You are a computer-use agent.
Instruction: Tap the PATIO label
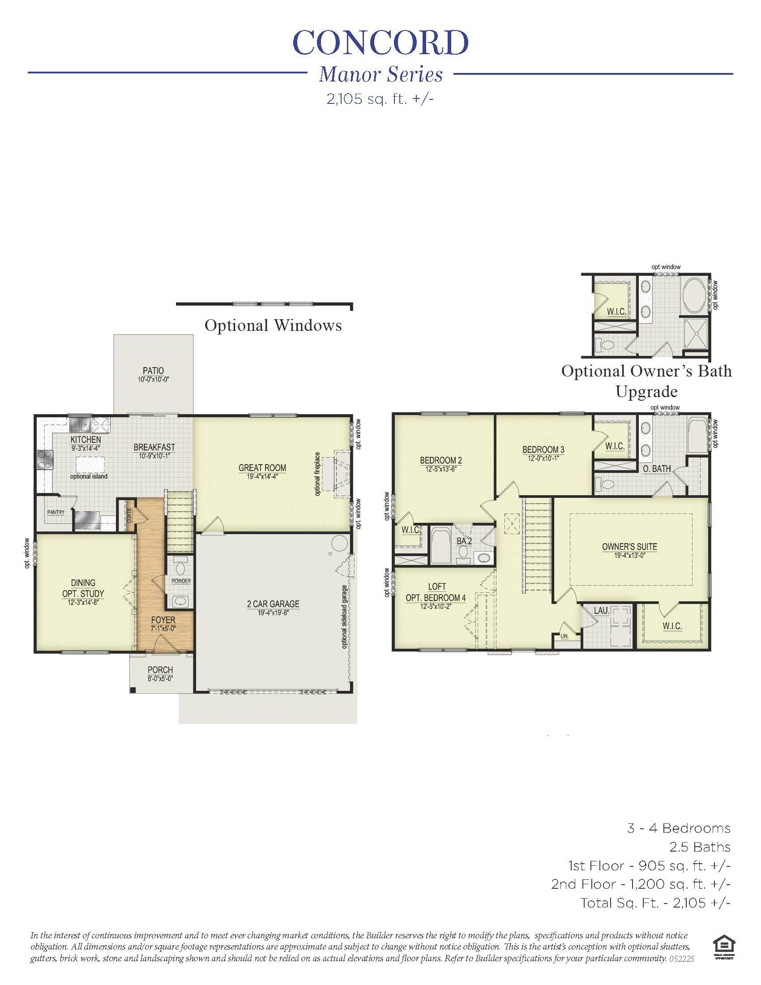tap(153, 371)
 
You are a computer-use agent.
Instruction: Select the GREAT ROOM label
tap(262, 468)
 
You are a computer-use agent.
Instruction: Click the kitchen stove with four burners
tap(44, 460)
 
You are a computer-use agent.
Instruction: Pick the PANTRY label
tap(56, 512)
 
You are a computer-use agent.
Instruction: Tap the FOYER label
tap(163, 620)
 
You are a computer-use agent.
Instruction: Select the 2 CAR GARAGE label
tap(273, 604)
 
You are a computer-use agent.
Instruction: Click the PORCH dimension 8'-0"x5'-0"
tap(160, 678)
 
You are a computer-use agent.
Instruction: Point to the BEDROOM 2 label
tap(440, 460)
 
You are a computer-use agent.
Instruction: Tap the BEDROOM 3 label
tap(543, 450)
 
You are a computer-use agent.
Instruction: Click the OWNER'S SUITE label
tap(629, 547)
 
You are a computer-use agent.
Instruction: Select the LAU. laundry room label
tap(601, 611)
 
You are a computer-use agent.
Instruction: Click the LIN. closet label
tap(564, 636)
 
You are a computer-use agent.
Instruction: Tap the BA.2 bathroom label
tap(464, 540)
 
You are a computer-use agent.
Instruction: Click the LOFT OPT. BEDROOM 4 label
tap(436, 592)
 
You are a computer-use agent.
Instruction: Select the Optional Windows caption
tap(273, 325)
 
